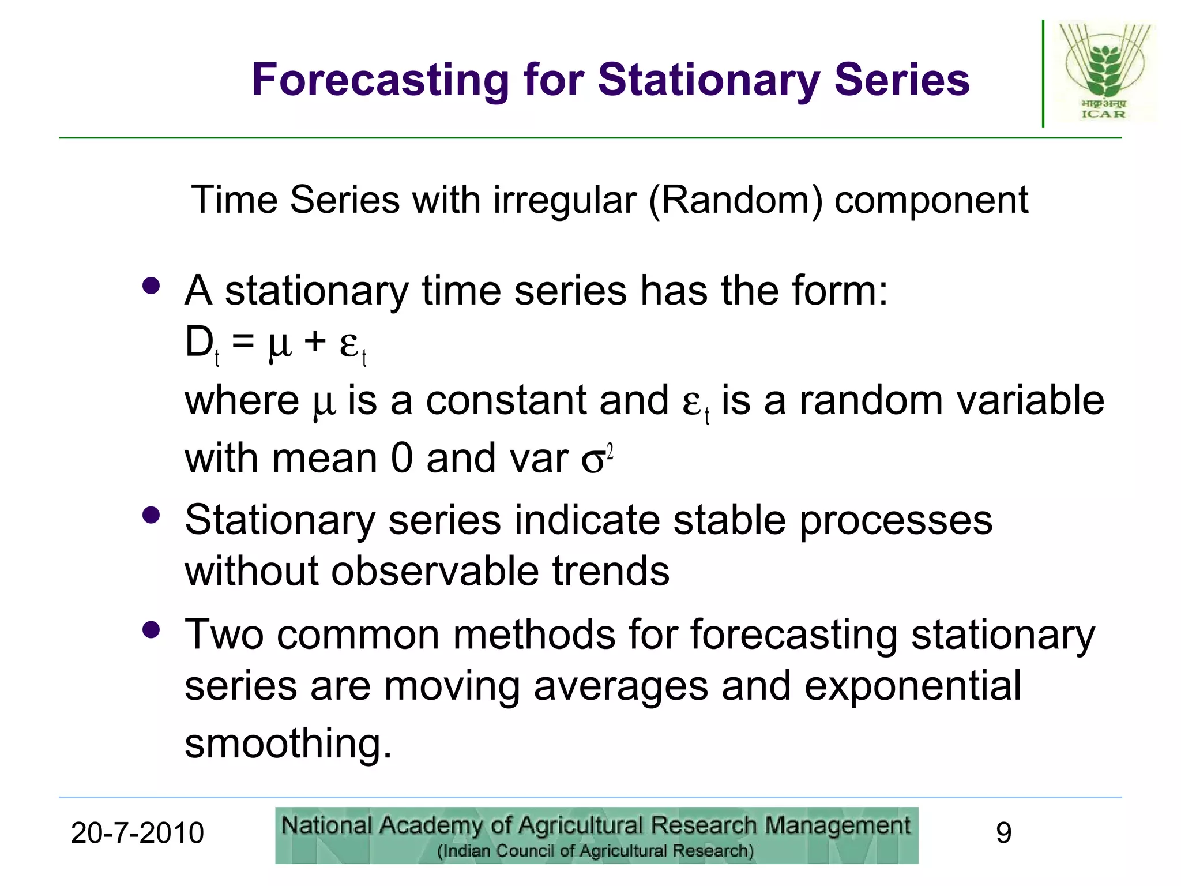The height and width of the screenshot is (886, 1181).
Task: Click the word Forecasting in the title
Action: tap(381, 80)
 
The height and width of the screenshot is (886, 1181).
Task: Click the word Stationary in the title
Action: tap(709, 80)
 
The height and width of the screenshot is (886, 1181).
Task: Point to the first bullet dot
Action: tap(151, 286)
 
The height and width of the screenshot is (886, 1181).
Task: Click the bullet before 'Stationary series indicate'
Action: tap(151, 515)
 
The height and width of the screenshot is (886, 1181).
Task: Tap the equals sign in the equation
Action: tap(243, 342)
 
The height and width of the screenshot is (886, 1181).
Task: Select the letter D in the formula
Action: tap(199, 342)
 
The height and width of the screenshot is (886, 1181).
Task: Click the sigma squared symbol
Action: tap(596, 460)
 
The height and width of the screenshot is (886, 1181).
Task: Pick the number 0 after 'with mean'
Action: tap(402, 459)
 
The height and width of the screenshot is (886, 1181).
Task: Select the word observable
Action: tap(435, 571)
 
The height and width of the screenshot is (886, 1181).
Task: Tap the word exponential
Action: tap(912, 686)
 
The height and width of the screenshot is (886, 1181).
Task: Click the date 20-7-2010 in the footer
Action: tap(137, 834)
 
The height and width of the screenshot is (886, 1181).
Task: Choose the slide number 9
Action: tap(1003, 834)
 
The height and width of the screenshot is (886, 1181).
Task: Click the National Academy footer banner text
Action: tap(596, 826)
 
